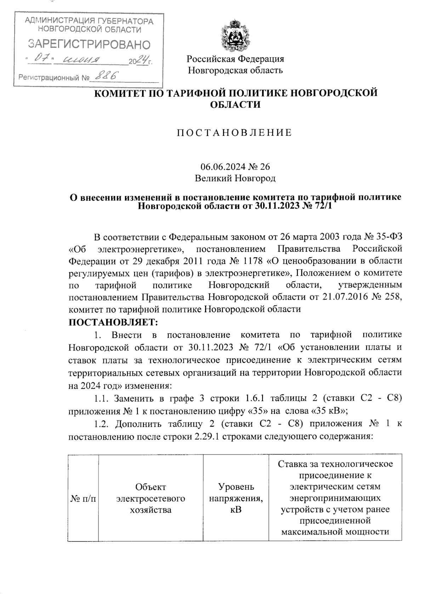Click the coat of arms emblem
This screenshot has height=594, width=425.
click(236, 35)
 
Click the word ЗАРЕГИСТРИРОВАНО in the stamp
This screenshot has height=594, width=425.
click(89, 45)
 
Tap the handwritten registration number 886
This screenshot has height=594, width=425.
click(107, 75)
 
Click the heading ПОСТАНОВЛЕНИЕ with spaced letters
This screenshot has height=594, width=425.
click(234, 133)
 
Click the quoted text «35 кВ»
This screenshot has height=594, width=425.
click(328, 411)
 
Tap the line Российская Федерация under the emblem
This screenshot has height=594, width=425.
click(236, 58)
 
